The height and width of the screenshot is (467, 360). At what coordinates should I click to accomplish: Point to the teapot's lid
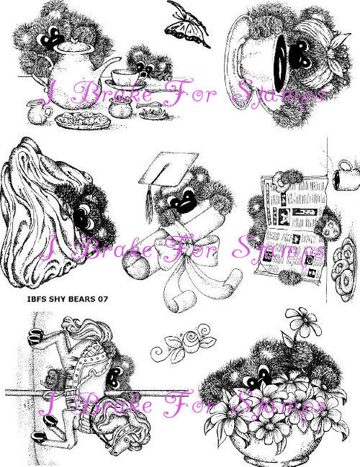tap(76, 45)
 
